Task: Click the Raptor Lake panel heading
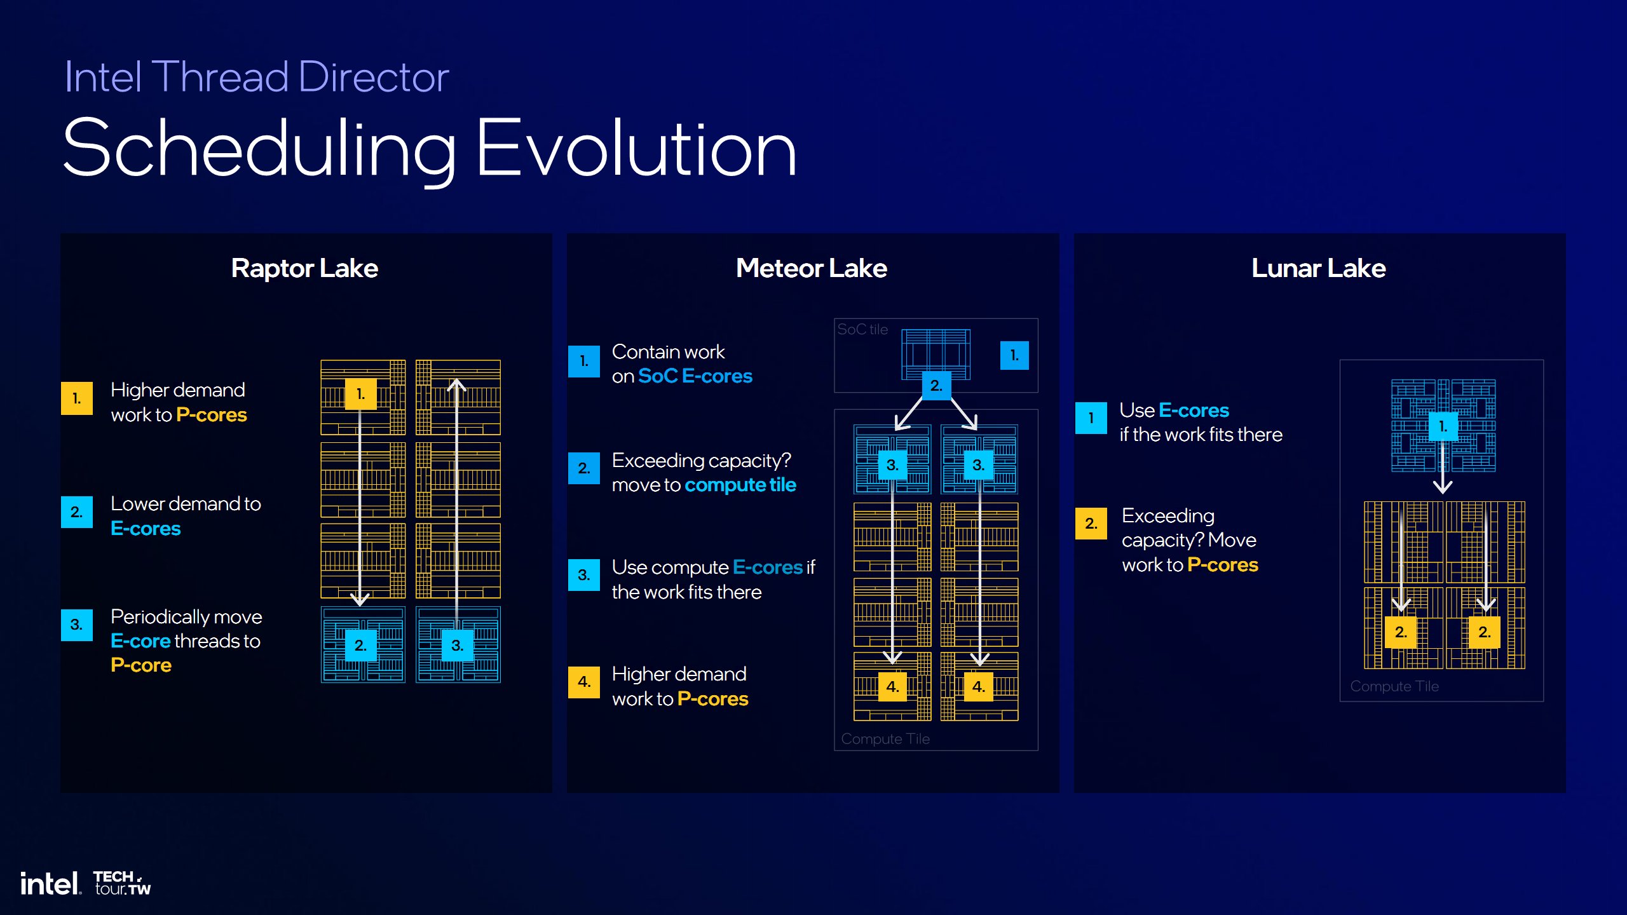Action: tap(304, 268)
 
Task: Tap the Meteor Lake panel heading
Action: tap(811, 268)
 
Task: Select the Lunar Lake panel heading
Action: tap(1318, 268)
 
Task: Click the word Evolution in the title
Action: tap(636, 149)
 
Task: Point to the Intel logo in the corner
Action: tap(50, 883)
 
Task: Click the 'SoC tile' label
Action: tap(862, 329)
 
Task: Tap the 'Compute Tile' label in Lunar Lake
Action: tap(1394, 686)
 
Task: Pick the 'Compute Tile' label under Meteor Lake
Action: tap(885, 739)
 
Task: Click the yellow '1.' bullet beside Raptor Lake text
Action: tap(77, 398)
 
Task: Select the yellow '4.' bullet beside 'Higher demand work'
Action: tap(584, 682)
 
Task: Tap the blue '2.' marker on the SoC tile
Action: tap(936, 385)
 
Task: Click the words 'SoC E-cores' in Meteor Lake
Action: tap(695, 376)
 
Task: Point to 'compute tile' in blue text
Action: tap(740, 485)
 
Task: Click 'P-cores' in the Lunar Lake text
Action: tap(1222, 565)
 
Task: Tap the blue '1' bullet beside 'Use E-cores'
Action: tap(1091, 418)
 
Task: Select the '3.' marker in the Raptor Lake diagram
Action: tap(457, 646)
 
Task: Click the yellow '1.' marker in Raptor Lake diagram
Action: tap(360, 394)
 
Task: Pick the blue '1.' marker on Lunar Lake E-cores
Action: tap(1443, 426)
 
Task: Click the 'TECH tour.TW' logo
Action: tap(122, 883)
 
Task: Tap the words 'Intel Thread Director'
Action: tap(257, 78)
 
